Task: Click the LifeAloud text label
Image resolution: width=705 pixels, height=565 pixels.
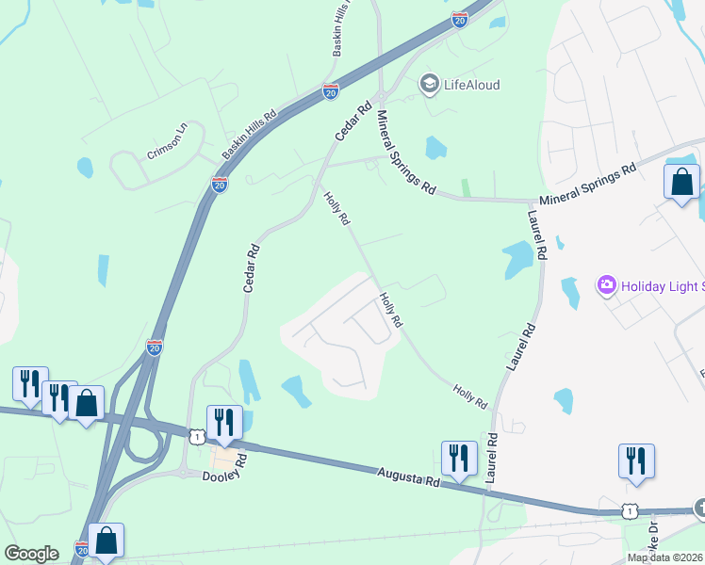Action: pos(473,85)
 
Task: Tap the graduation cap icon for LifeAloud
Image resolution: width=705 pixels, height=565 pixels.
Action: pos(431,85)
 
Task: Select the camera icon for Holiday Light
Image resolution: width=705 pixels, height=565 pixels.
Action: pos(606,284)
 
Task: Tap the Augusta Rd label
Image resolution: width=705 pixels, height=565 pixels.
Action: pos(408,476)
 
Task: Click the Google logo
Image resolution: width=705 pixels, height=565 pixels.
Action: pos(31,554)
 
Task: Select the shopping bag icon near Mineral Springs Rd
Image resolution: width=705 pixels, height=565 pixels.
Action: pos(681,181)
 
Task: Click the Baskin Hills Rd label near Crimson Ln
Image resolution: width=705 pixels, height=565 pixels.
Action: pos(249,134)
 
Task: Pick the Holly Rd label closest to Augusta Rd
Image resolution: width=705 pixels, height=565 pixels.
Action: pos(469,395)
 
